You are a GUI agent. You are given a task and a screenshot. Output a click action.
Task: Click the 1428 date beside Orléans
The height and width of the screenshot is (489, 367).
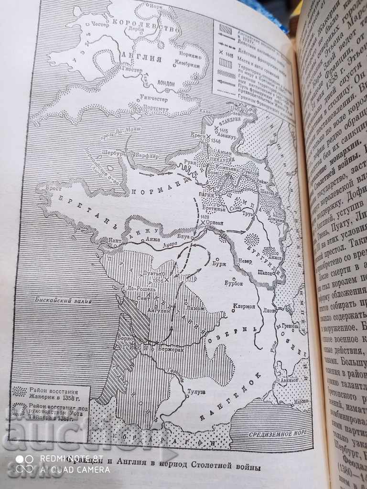(206, 218)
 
